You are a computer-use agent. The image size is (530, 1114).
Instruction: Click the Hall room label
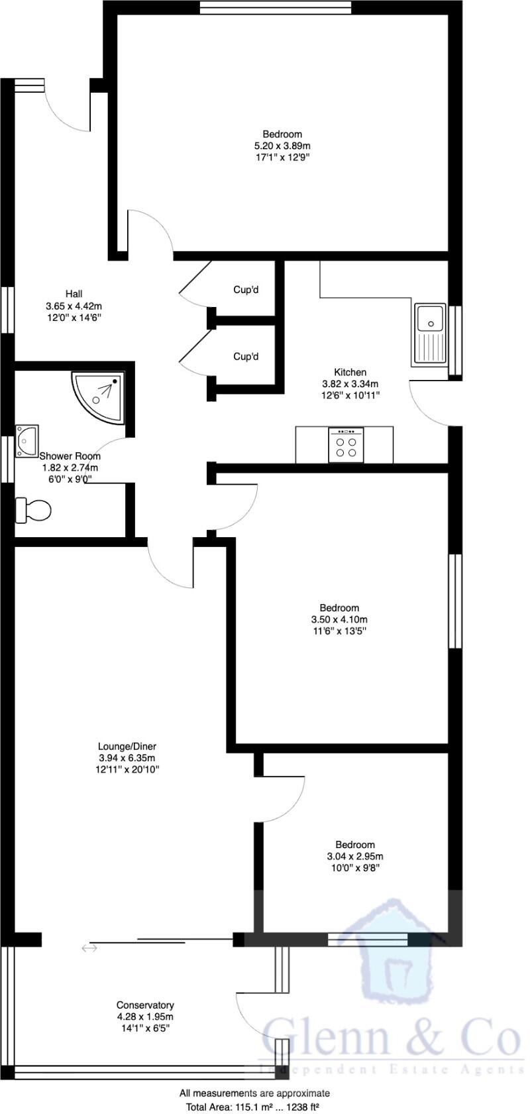coord(74,294)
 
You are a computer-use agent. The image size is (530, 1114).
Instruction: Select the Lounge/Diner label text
coord(127,746)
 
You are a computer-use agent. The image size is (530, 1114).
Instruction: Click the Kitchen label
coord(350,372)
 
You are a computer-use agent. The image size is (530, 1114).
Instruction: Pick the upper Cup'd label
coord(246,289)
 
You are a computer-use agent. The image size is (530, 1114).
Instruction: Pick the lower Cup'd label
coord(246,356)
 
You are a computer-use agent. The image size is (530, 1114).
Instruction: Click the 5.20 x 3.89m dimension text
coord(282,146)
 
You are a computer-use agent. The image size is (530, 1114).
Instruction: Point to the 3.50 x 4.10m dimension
coord(339,619)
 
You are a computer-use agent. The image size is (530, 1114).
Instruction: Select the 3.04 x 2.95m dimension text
coord(355,856)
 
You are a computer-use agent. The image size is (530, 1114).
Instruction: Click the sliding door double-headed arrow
coord(89,948)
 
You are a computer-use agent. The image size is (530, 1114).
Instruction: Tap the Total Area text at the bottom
coord(254,1107)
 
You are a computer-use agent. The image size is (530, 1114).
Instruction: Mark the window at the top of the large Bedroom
coord(276,7)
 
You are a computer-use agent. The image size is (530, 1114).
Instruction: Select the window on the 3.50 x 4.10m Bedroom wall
coord(455,601)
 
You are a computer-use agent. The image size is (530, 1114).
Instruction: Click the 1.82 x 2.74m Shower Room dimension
coord(70,467)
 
